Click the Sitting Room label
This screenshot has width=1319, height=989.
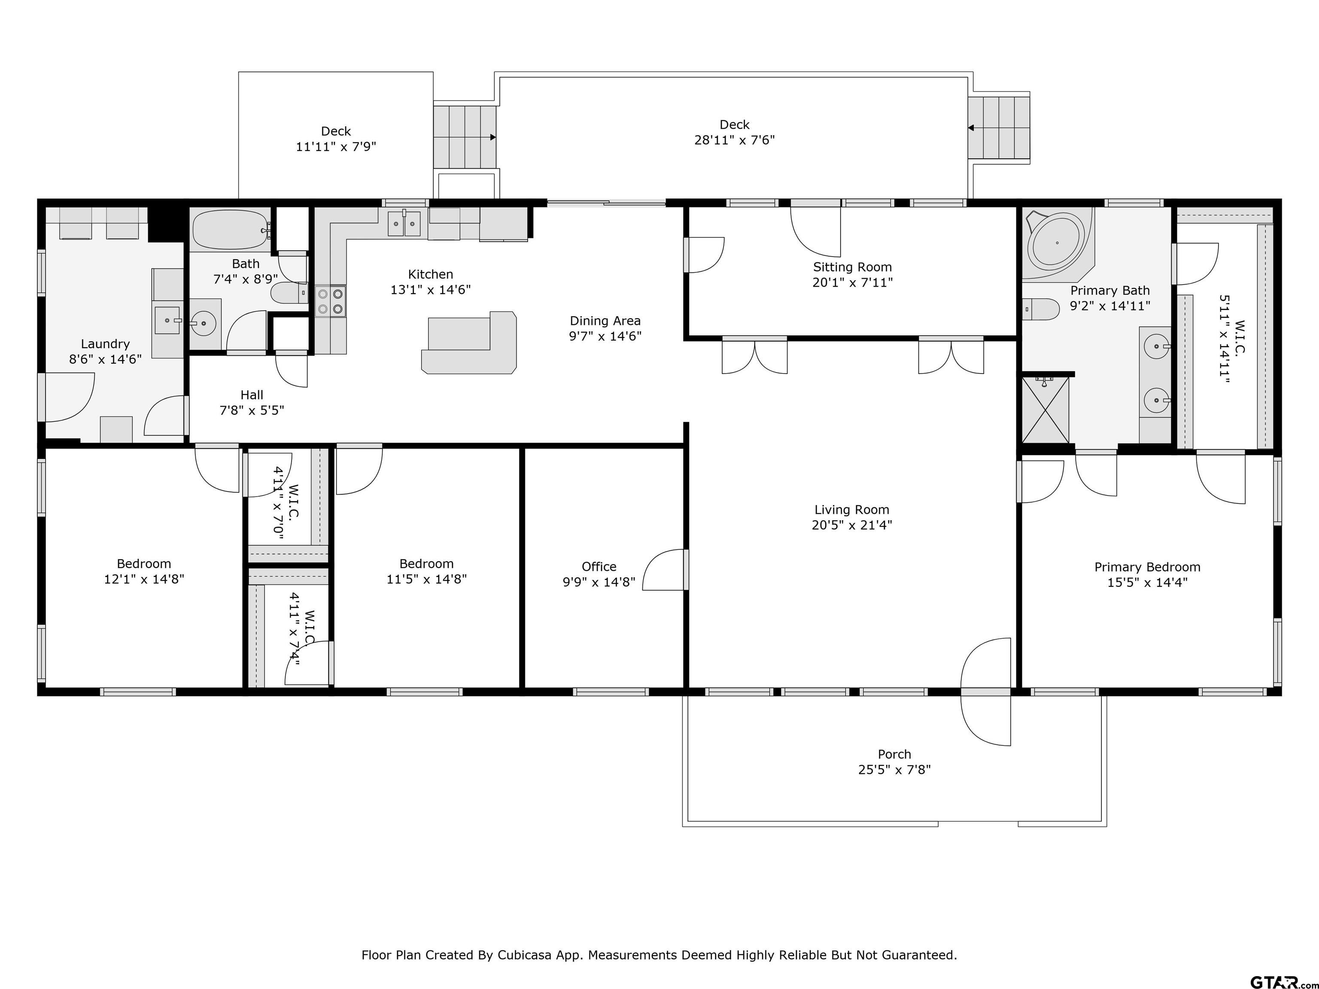852,267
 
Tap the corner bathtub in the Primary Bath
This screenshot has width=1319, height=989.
1059,243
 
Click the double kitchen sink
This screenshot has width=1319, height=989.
404,224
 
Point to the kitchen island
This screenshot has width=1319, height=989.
469,343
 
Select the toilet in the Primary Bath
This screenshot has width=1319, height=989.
1040,309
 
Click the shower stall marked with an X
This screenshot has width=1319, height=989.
1045,410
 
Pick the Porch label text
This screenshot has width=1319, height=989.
894,754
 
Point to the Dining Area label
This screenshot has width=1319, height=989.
605,321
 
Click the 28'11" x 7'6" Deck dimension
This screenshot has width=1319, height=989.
735,140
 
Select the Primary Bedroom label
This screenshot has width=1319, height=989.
1147,567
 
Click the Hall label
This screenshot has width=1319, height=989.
252,394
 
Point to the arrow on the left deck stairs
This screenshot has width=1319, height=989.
492,137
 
